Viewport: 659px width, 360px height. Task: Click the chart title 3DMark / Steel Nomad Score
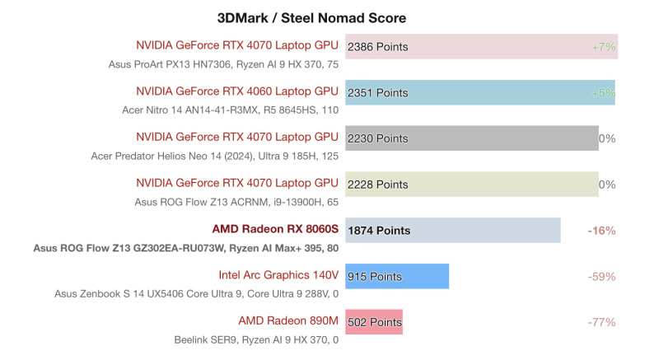click(x=311, y=17)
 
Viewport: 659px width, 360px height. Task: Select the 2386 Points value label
click(x=378, y=47)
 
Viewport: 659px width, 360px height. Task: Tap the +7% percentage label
click(x=604, y=47)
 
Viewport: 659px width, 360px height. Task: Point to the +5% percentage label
click(x=604, y=93)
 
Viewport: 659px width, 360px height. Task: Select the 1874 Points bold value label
click(x=379, y=231)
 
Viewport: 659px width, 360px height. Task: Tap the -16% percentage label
click(x=601, y=231)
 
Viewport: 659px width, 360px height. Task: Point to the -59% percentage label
click(x=601, y=277)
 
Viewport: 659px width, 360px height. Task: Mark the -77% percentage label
click(x=601, y=322)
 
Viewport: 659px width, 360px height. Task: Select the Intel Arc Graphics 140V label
click(x=278, y=274)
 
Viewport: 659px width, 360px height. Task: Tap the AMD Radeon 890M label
click(x=288, y=320)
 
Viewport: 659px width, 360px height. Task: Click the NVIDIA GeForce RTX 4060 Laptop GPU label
click(x=237, y=91)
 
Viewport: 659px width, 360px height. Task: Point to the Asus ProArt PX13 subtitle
click(x=223, y=64)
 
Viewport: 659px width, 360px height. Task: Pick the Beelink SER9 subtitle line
click(x=256, y=339)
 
